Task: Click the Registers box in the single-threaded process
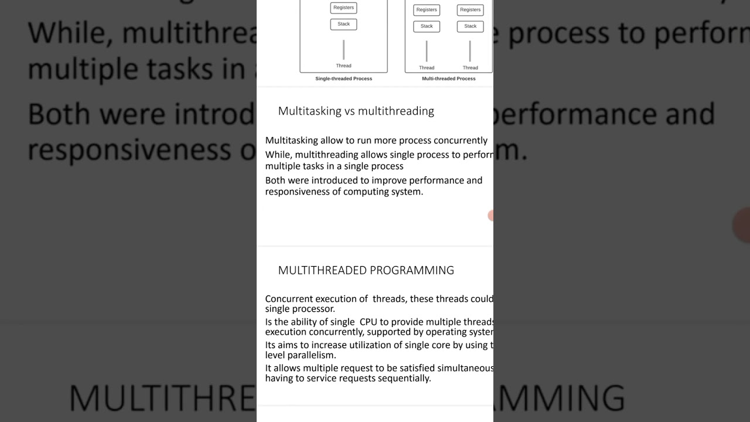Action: pos(343,8)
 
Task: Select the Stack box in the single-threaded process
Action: pos(343,24)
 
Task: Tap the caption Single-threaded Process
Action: pos(343,79)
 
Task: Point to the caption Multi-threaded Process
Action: pos(448,79)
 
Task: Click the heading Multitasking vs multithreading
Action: pos(356,111)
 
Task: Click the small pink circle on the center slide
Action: pos(491,216)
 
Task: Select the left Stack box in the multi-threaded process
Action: pos(427,26)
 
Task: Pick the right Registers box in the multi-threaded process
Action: pos(470,10)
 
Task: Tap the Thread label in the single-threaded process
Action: pos(343,66)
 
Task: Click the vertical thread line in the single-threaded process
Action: pos(343,50)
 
